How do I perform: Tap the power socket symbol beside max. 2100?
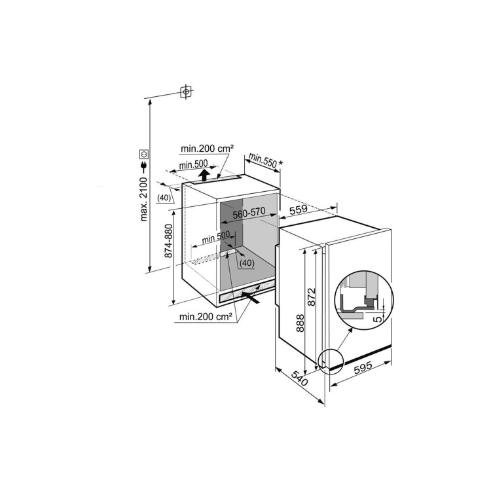pyautogui.click(x=144, y=155)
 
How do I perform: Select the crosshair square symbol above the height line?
pyautogui.click(x=187, y=92)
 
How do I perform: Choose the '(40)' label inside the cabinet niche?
pyautogui.click(x=246, y=263)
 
